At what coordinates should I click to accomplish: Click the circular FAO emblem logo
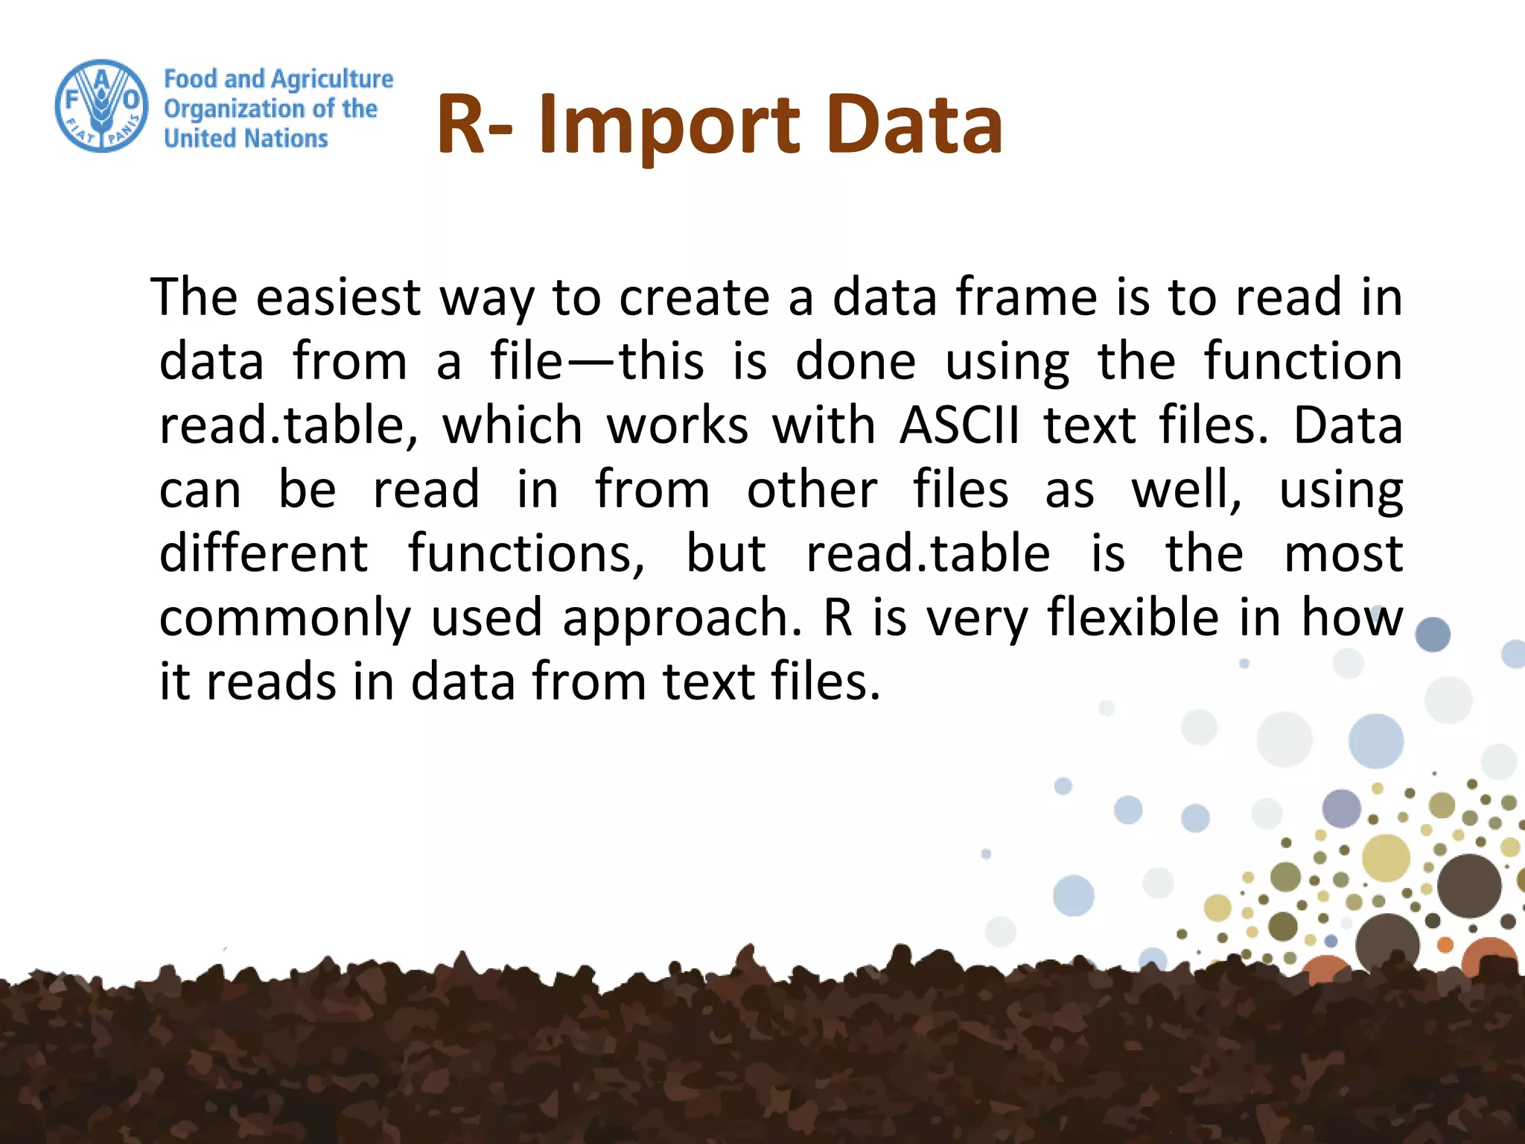pyautogui.click(x=102, y=106)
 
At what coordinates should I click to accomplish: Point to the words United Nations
pyautogui.click(x=246, y=139)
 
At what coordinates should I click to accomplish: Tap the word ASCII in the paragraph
pyautogui.click(x=959, y=426)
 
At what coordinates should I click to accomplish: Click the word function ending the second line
pyautogui.click(x=1303, y=362)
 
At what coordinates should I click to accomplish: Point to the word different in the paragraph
pyautogui.click(x=264, y=554)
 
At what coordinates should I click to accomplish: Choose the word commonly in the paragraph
pyautogui.click(x=285, y=618)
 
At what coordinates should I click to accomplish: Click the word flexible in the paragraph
pyautogui.click(x=1133, y=618)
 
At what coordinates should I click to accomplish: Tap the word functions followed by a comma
pyautogui.click(x=525, y=554)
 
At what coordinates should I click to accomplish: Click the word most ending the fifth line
pyautogui.click(x=1343, y=554)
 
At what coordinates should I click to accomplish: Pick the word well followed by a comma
pyautogui.click(x=1185, y=490)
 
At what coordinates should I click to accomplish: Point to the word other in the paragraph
pyautogui.click(x=812, y=490)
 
